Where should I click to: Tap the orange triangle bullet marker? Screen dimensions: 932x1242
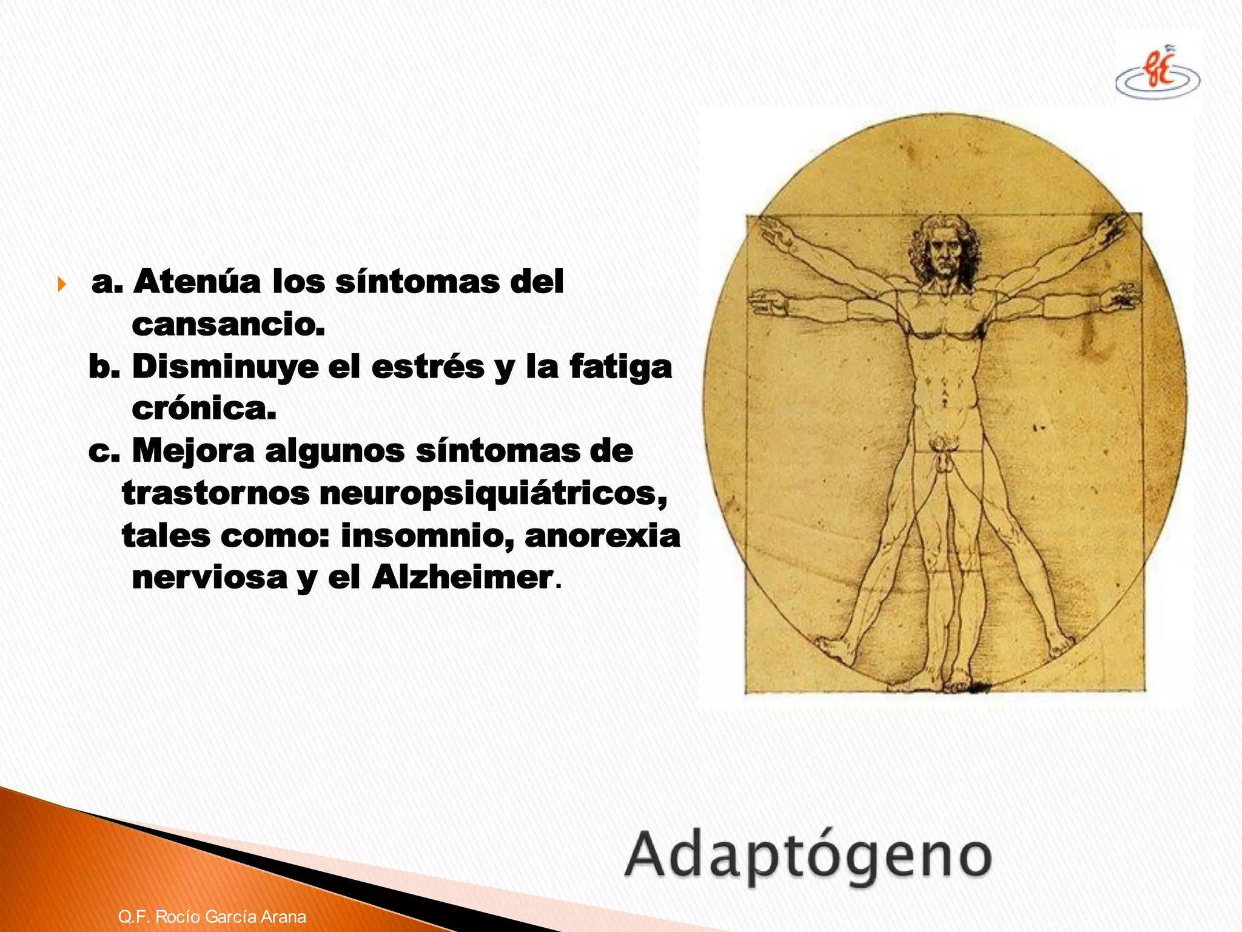(x=61, y=283)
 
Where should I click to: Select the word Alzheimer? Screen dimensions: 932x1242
(x=462, y=577)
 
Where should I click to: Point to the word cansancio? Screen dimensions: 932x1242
(x=228, y=325)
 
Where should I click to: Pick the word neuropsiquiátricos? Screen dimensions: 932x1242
(x=493, y=493)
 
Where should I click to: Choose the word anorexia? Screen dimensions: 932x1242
(x=602, y=536)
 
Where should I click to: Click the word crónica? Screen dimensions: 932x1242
(x=204, y=409)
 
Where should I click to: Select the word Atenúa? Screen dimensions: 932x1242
(x=197, y=282)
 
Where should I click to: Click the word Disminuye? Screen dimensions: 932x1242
(x=225, y=367)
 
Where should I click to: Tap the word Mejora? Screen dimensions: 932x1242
(x=193, y=451)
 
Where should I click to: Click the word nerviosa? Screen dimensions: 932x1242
(x=209, y=577)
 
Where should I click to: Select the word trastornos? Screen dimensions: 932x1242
(x=216, y=493)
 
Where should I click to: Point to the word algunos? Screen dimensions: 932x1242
(x=335, y=451)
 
